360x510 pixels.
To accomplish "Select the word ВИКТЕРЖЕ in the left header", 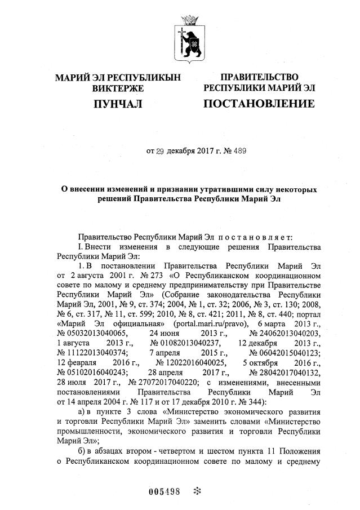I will tap(117, 88).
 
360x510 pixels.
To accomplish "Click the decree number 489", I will tap(238, 151).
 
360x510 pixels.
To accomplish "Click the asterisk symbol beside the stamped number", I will tap(197, 491).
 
